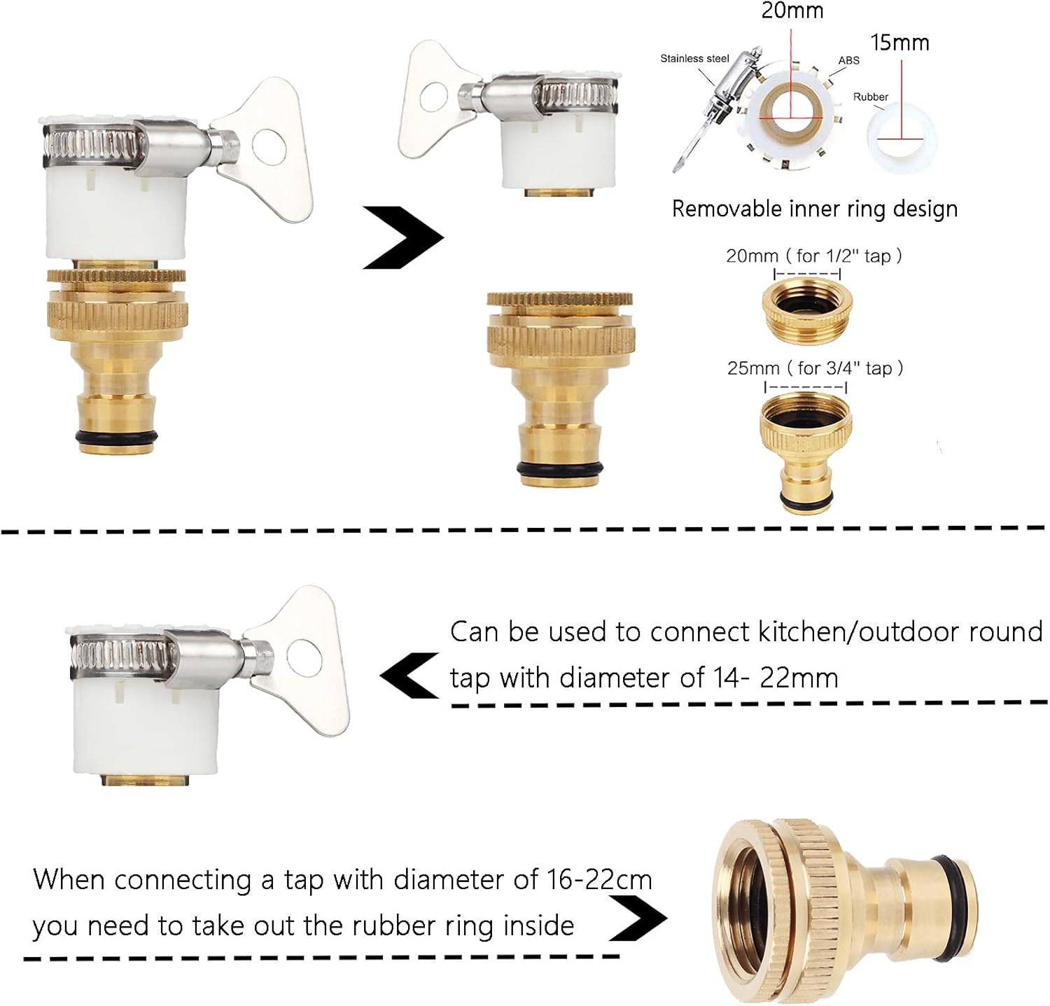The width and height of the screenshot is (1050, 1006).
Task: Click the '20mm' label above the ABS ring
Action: pos(792,11)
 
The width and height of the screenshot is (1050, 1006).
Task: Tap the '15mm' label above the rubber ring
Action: pos(899,43)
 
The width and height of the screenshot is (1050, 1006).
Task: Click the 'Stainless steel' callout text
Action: pos(694,59)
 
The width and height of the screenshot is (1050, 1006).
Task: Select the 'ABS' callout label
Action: pos(848,61)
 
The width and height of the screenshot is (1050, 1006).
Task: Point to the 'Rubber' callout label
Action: pos(870,97)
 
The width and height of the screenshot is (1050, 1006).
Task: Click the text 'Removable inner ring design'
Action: pos(814,209)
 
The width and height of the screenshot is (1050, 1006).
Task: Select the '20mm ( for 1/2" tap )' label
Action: pos(813,256)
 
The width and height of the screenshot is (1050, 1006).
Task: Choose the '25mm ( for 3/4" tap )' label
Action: pos(815,368)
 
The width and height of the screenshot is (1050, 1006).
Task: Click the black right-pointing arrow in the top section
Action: pos(402,237)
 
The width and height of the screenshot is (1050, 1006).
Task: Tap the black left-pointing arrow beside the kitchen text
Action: pos(409,676)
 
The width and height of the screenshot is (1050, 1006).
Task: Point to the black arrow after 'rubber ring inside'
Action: pos(638,916)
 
